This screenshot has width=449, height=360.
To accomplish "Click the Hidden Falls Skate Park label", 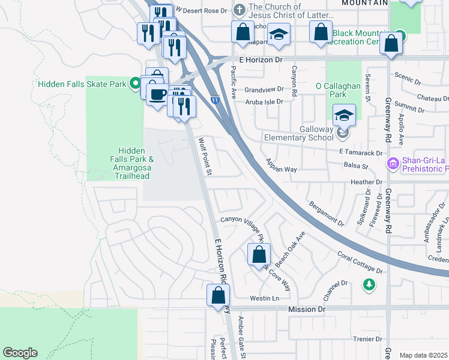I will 82,84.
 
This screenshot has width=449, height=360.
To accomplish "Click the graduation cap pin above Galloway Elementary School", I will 344,115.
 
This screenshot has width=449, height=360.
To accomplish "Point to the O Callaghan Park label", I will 340,89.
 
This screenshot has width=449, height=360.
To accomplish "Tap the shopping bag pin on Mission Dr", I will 218,295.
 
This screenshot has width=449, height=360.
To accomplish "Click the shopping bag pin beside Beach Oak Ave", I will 259,254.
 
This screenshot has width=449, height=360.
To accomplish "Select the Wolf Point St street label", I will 205,157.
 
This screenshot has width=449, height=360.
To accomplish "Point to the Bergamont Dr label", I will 327,214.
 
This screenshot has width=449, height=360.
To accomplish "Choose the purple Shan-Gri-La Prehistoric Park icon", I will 393,163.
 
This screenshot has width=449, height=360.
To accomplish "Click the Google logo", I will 20,352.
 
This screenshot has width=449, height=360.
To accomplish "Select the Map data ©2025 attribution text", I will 424,355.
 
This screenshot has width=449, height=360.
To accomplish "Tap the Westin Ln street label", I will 265,298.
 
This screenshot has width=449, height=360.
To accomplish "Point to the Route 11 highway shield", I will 214,100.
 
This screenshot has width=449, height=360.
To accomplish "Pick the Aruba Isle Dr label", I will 264,101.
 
